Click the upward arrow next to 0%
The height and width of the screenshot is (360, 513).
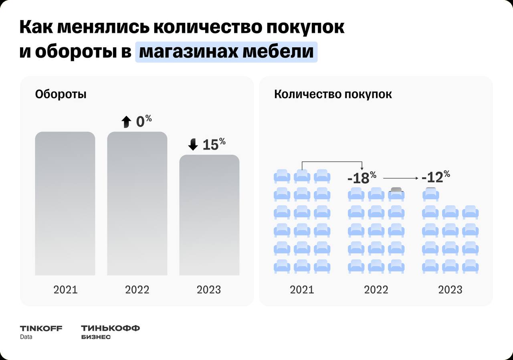(x=126, y=122)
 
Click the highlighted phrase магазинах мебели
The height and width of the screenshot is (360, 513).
(x=226, y=52)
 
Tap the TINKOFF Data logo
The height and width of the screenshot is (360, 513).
(x=41, y=332)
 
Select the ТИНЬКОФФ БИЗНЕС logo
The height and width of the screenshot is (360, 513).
(x=110, y=332)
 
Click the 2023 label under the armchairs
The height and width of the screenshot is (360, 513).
(x=450, y=289)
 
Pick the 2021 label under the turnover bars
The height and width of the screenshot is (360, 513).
(x=65, y=289)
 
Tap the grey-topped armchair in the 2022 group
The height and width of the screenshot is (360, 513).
(x=396, y=194)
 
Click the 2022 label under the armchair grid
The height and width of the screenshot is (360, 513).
(x=376, y=289)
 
